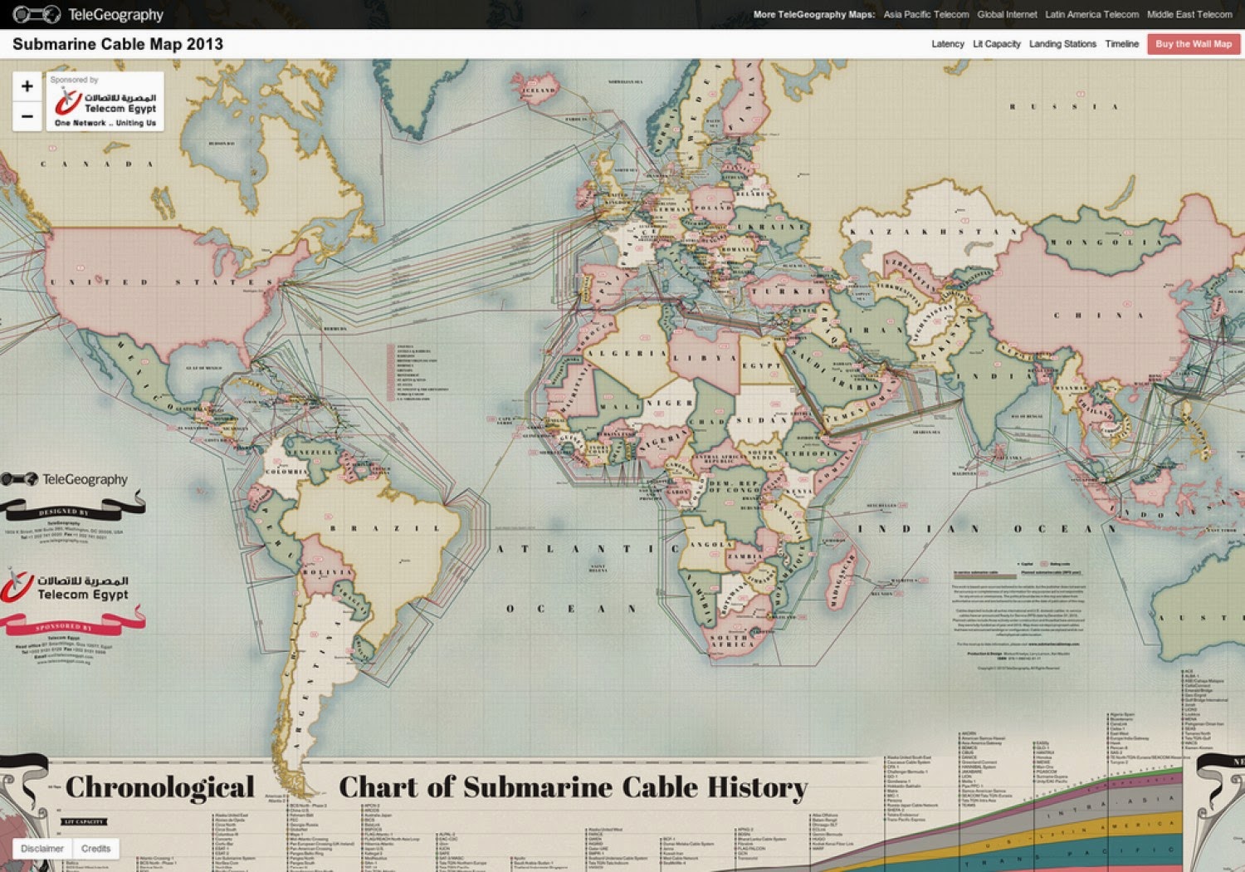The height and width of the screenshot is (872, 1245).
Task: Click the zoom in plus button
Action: coord(27,86)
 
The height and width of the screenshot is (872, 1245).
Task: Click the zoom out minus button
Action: coord(27,116)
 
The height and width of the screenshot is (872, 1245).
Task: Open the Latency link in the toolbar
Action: coord(947,44)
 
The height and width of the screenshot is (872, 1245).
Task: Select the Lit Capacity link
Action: coord(996,44)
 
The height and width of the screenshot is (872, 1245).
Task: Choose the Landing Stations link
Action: coord(1062,44)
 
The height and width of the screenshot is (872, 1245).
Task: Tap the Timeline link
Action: coord(1121,44)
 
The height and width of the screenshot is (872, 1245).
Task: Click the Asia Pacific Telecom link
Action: coord(925,14)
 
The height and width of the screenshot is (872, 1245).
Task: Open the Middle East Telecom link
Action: coord(1189,14)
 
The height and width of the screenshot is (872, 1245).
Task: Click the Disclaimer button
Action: coord(42,848)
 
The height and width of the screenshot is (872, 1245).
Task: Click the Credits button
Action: coord(95,848)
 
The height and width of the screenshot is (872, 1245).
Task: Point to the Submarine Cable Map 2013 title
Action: coord(118,44)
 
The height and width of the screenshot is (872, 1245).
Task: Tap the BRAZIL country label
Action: coord(385,528)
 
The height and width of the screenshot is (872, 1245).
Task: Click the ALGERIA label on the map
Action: coord(627,353)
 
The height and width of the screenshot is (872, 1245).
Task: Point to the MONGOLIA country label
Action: coord(1103,242)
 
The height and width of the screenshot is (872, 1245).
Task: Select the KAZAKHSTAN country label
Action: coord(933,232)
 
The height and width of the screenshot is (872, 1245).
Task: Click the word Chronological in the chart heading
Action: coord(160,787)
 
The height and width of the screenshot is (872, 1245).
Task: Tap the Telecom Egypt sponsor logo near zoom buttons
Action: coord(105,103)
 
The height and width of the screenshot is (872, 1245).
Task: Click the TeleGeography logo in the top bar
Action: coord(89,14)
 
